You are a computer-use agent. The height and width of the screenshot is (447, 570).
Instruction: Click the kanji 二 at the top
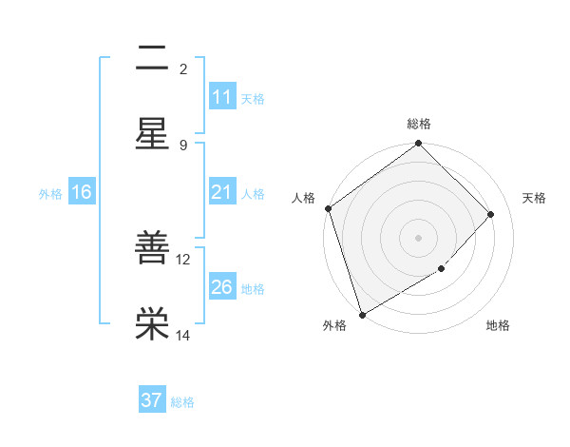click(x=152, y=59)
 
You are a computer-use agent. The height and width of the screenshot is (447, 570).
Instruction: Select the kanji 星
click(x=152, y=132)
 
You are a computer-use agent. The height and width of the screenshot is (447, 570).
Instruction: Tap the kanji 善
click(x=152, y=248)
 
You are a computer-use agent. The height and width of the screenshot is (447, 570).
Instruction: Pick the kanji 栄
click(x=152, y=323)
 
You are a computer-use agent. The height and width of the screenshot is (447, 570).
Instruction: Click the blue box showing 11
click(x=222, y=97)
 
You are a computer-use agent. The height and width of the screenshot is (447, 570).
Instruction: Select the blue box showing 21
click(x=222, y=192)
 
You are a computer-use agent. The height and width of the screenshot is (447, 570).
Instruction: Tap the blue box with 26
click(x=222, y=287)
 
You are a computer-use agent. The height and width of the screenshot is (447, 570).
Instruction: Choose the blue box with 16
click(x=82, y=192)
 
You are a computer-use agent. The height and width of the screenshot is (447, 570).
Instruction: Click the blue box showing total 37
click(x=152, y=400)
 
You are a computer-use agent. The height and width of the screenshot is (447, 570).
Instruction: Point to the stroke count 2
click(x=183, y=68)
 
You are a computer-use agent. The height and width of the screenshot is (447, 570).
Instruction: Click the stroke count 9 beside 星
click(x=183, y=145)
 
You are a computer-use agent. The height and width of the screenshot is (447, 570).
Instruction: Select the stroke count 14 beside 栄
click(x=183, y=335)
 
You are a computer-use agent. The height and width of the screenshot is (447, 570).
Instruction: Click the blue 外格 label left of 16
click(x=50, y=193)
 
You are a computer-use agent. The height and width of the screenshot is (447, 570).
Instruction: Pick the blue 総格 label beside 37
click(x=182, y=402)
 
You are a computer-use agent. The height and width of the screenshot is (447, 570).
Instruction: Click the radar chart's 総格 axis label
click(x=419, y=124)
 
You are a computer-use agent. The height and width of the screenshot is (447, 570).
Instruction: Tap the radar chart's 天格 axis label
click(x=535, y=198)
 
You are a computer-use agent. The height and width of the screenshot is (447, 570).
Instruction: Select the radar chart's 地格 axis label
click(x=498, y=326)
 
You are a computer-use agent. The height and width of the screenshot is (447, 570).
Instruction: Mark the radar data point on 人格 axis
click(x=329, y=208)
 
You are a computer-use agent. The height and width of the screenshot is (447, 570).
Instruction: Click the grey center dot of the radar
click(x=419, y=238)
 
